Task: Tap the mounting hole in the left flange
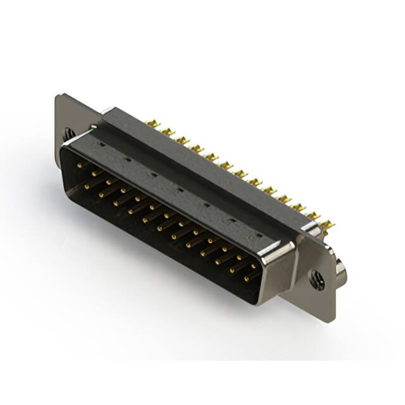coord(68,134)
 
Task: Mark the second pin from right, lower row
coord(235,268)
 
